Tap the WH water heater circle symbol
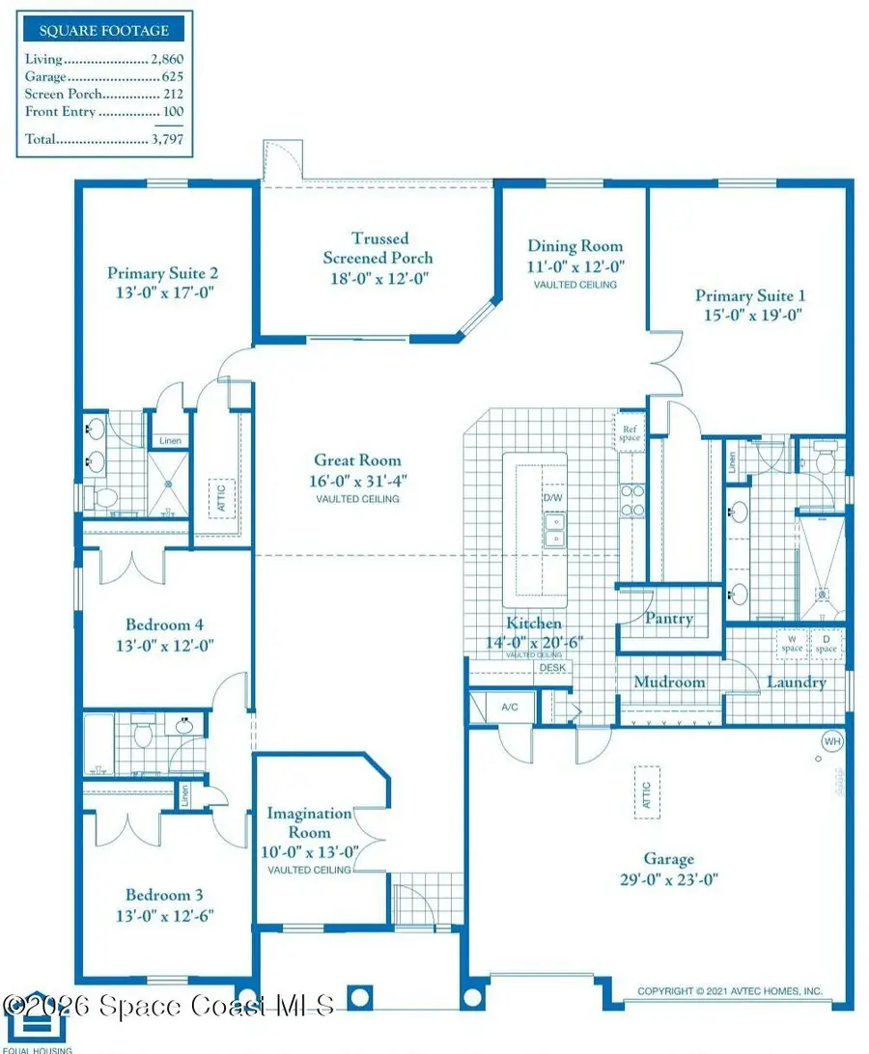tap(831, 741)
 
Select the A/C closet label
tap(510, 707)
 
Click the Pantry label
tap(669, 619)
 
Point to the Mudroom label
tap(669, 682)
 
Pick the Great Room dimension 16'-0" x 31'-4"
tap(357, 480)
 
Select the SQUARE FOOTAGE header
tap(104, 30)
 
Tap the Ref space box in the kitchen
tap(630, 433)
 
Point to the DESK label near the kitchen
tap(552, 667)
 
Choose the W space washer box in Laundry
tap(792, 643)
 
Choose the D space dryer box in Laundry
tap(827, 643)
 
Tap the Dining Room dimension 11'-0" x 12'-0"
tap(575, 266)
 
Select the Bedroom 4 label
tap(164, 624)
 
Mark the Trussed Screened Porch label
tap(378, 248)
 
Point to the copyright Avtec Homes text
tap(730, 990)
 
